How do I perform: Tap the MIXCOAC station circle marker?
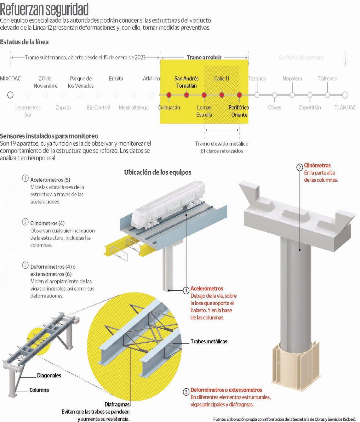point(10,95)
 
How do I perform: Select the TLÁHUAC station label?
point(345,107)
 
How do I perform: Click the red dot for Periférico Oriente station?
point(239,95)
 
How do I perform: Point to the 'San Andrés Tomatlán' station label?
point(186,82)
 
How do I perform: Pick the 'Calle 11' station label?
point(222,78)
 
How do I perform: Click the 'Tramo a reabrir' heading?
point(204,57)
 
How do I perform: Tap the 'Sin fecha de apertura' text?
point(301,57)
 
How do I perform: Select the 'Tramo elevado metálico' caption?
point(222,144)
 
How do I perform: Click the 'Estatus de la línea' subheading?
point(24,42)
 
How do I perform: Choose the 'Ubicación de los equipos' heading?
point(157,172)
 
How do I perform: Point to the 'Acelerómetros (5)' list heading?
point(50,180)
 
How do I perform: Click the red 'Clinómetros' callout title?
point(317,165)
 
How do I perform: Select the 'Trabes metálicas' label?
point(209,341)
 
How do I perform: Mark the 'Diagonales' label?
point(49,375)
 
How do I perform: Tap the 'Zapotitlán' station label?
point(310,107)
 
